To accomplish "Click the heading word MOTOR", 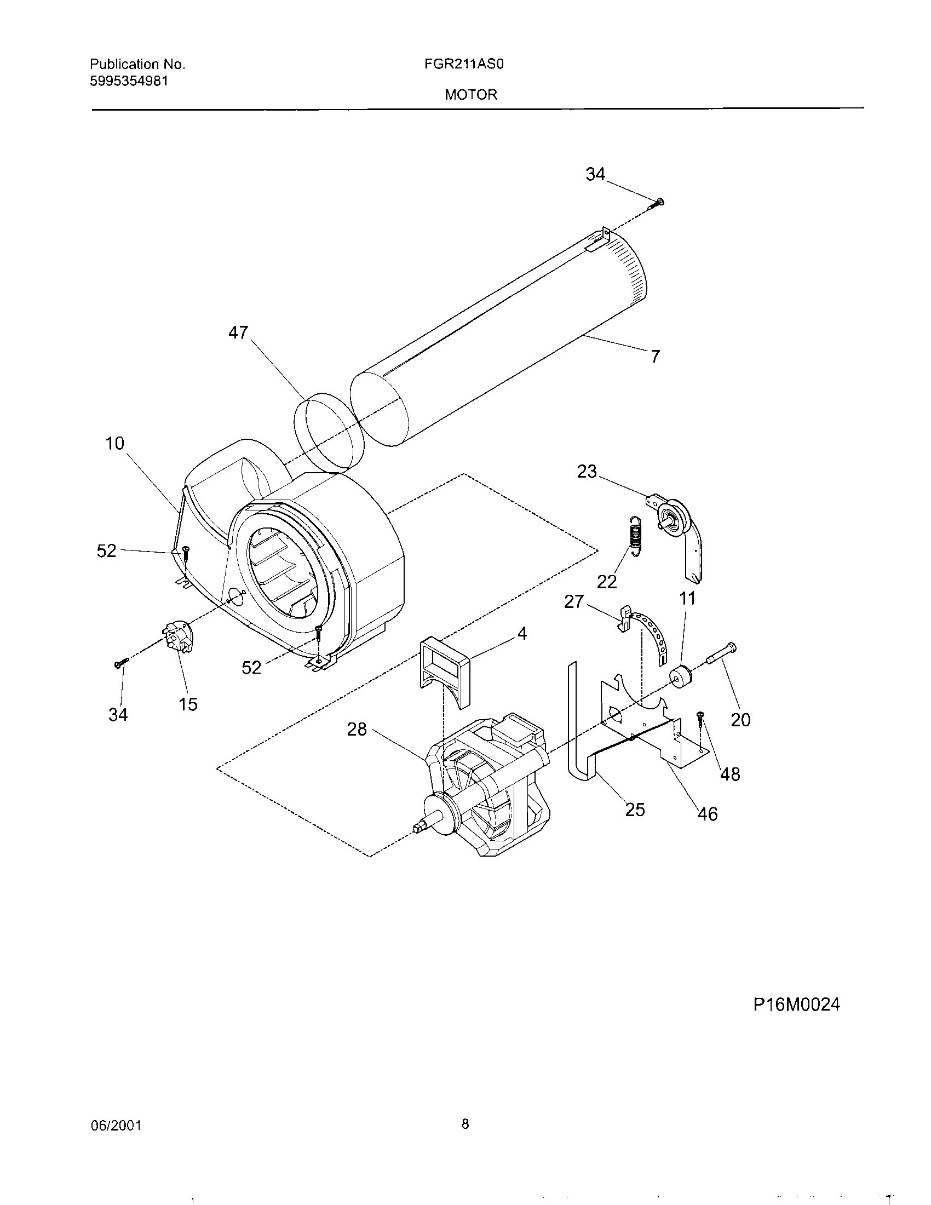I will coord(471,95).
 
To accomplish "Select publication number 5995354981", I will coord(129,81).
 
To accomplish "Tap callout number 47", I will coord(238,332).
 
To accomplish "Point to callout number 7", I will coord(654,357).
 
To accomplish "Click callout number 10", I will coord(115,443).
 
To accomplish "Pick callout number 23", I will coord(587,472).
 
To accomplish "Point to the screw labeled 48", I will coord(700,718).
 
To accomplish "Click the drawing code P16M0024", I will coord(796,1005).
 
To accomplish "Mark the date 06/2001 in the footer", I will coord(116,1126).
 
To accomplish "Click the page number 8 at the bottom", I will coord(465,1124).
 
